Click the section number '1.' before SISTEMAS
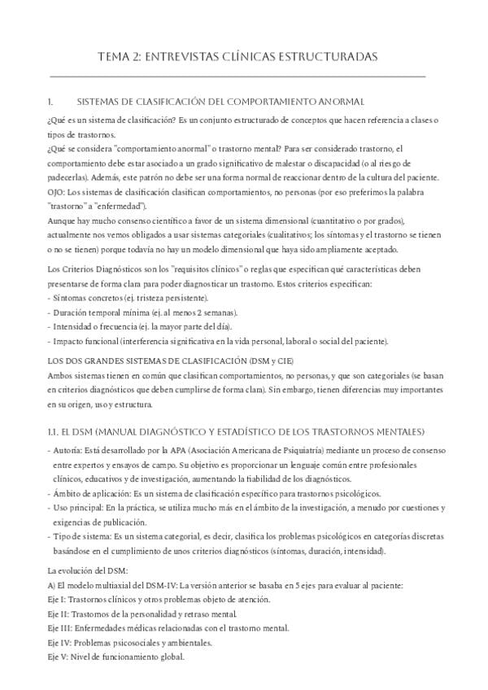click(53, 102)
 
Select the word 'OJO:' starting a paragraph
click(58, 192)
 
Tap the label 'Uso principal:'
click(78, 509)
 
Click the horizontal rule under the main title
click(237, 77)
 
